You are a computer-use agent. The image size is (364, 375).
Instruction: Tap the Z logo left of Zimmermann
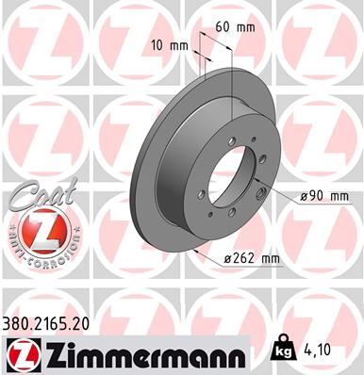point(21,353)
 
